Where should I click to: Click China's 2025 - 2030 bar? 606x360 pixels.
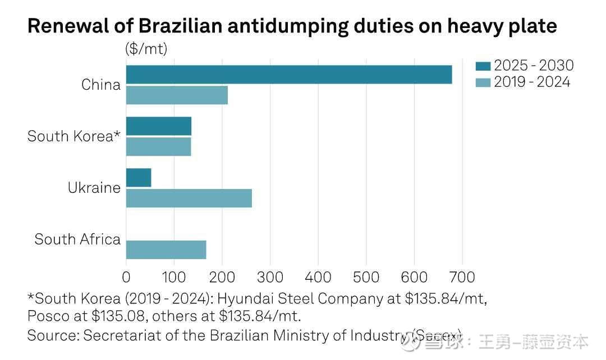288,75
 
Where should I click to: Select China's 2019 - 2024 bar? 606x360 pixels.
177,95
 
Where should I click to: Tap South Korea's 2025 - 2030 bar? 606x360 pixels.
158,126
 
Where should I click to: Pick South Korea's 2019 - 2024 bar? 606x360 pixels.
158,147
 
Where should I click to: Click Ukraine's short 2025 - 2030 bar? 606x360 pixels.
139,178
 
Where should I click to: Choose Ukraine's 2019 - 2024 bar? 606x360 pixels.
189,199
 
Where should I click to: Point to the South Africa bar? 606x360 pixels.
166,250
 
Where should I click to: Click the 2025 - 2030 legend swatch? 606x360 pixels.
483,67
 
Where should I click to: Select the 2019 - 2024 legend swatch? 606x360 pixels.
483,82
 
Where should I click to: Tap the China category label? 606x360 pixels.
101,85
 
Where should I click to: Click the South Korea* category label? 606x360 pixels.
74,136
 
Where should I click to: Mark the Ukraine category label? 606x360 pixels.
94,188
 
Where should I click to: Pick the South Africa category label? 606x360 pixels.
77,239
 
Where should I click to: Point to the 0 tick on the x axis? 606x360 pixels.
126,276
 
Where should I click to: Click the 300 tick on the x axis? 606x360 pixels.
270,276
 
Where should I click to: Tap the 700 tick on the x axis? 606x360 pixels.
462,276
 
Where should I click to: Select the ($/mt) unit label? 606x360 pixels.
146,49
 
